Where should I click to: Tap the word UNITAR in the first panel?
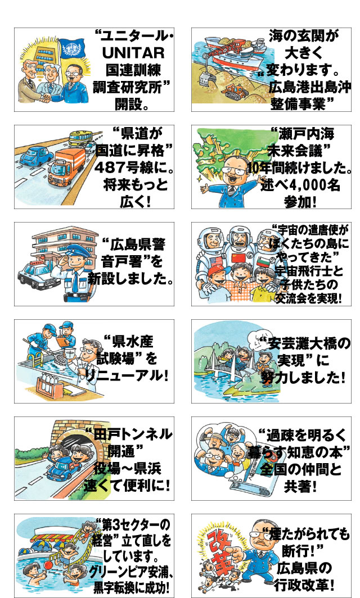(133, 53)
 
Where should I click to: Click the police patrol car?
(36, 274)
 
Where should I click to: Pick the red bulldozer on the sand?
(235, 92)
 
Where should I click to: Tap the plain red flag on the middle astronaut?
(237, 258)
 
